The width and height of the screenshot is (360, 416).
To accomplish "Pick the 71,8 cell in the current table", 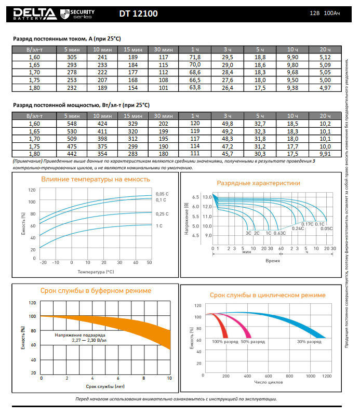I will [x=195, y=57].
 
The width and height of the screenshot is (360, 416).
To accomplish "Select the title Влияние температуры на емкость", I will [x=96, y=179].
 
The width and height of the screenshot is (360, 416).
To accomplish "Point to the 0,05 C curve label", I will [x=162, y=194].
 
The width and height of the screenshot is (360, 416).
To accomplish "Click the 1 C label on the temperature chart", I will [x=160, y=225].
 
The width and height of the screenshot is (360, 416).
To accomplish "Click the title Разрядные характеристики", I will [x=266, y=183].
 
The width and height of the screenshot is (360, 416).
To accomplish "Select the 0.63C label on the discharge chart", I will [x=280, y=233].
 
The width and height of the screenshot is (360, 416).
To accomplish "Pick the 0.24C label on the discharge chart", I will [x=298, y=229].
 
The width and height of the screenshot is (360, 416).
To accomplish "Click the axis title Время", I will [x=272, y=260].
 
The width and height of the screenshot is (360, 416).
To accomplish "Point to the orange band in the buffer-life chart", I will [x=130, y=327].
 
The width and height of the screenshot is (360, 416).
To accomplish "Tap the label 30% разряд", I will [x=309, y=342].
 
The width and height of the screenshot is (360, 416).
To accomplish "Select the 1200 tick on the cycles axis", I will [x=326, y=375].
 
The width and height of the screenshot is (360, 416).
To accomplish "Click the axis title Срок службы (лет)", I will [x=104, y=386].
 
